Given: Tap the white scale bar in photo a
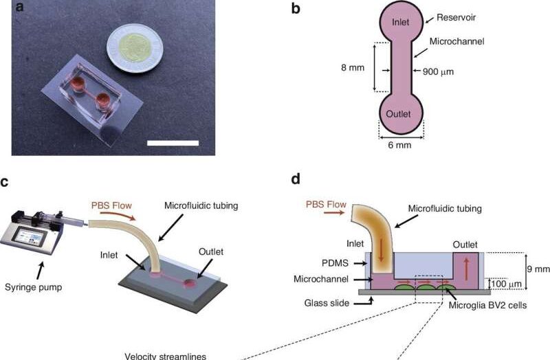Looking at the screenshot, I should (173, 143).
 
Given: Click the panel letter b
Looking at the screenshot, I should (296, 10).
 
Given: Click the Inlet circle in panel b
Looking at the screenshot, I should (401, 23).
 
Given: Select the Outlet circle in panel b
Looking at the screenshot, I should (401, 113).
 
